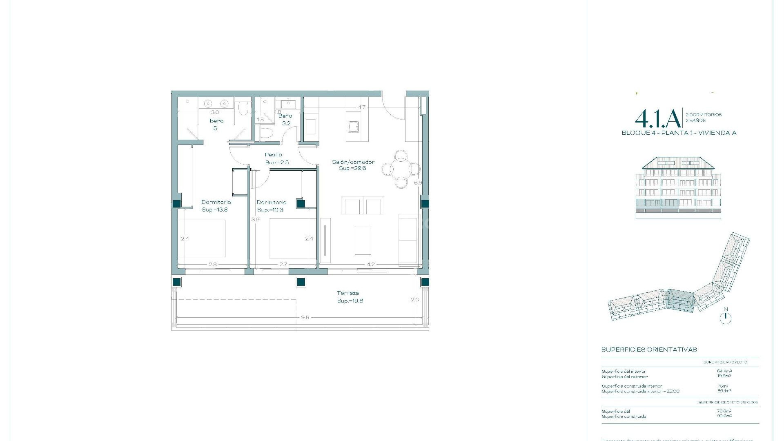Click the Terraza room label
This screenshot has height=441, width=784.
pos(348,293)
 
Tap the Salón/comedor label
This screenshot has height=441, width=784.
pos(353,162)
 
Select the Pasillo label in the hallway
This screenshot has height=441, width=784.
pos(273,155)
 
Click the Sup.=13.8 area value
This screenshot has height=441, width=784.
pos(215,209)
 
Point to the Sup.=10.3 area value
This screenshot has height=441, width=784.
pos(270,210)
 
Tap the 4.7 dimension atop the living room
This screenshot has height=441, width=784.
pos(361,107)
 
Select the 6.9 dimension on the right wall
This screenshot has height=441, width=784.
pos(418,183)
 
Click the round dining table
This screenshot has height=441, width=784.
pos(401,169)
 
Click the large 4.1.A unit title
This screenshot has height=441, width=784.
pos(658,118)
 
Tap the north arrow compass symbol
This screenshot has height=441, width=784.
pos(726,317)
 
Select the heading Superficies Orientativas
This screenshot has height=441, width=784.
pos(649,350)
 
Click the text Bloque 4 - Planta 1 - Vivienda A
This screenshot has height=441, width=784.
pos(679,133)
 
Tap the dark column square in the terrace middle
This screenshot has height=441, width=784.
pos(301,282)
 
